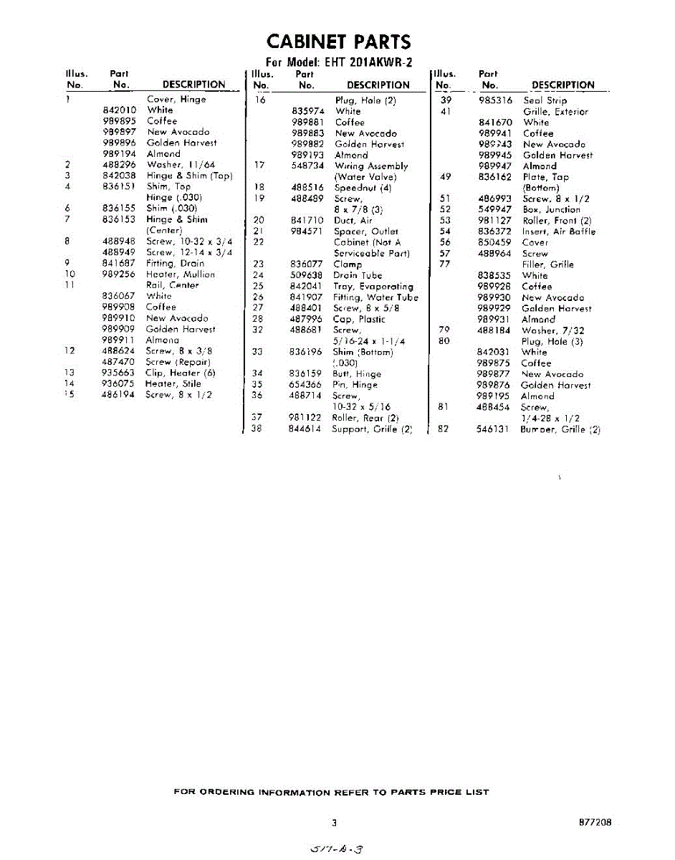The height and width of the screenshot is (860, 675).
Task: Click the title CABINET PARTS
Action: (x=338, y=42)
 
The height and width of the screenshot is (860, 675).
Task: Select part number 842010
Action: (x=120, y=110)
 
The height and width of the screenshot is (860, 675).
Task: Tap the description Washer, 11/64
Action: (x=181, y=165)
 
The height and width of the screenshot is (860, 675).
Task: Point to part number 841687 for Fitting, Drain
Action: (x=118, y=263)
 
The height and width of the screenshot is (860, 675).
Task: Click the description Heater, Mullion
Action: (x=180, y=274)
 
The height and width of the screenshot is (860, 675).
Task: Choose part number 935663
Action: (x=118, y=373)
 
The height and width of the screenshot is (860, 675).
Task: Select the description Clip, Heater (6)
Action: (x=180, y=373)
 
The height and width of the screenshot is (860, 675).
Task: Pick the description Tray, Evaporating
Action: (x=373, y=286)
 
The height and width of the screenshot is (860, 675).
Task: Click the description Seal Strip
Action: (x=545, y=101)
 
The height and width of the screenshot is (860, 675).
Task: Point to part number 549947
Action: (x=494, y=210)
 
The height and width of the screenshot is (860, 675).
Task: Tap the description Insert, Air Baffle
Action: (x=559, y=231)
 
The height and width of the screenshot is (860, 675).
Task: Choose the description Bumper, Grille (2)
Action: (x=560, y=430)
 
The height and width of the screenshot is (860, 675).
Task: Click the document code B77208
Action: (x=595, y=823)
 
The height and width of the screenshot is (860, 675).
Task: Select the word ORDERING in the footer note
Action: (x=226, y=792)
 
